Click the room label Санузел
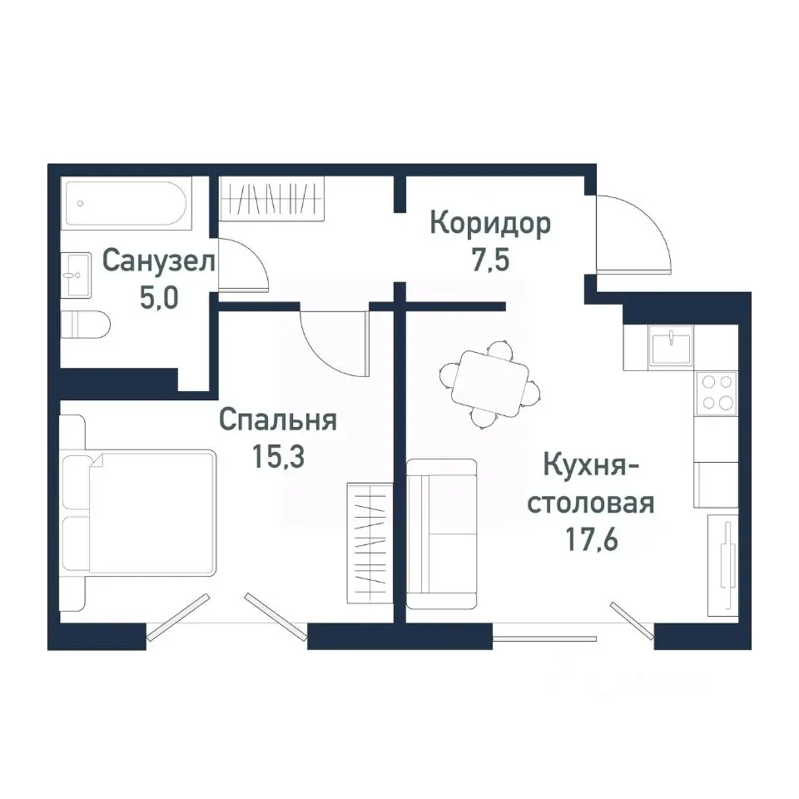pos(158,261)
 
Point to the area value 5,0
pos(158,297)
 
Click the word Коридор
pos(489,224)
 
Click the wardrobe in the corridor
pos(270,201)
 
